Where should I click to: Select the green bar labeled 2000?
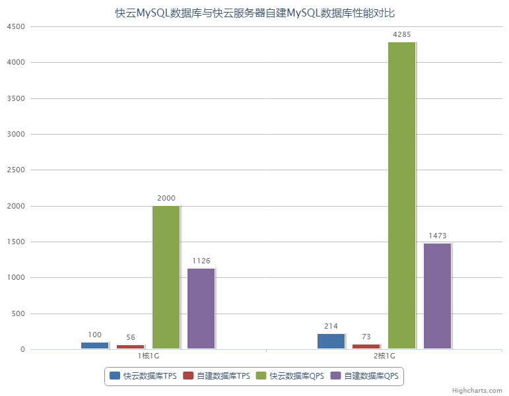coord(166,277)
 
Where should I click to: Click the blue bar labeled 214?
coord(331,341)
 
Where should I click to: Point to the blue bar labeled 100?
coord(94,345)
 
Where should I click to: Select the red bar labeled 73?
coord(366,346)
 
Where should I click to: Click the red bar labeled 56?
coord(130,346)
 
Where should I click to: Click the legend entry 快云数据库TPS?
coord(143,376)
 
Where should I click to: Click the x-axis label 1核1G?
coord(149,356)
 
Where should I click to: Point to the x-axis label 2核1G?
coord(384,356)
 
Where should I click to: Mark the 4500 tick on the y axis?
coord(15,27)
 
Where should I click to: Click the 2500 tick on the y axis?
coord(15,170)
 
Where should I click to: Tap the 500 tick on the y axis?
coord(17,313)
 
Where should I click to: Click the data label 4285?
coord(401,34)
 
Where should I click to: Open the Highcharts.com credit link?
coord(477,390)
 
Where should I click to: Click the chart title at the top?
coord(254,13)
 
